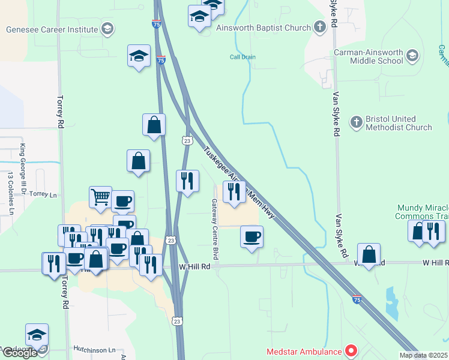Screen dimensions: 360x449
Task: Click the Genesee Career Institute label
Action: (x=52, y=29)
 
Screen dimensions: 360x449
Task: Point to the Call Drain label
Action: (x=243, y=58)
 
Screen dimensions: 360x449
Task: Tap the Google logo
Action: (x=19, y=353)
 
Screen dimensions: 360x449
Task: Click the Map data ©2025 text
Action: (x=424, y=355)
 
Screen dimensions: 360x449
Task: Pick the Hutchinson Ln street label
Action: (x=94, y=349)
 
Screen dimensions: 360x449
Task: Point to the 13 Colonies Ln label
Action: (x=10, y=193)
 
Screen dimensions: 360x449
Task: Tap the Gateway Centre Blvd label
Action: (x=214, y=221)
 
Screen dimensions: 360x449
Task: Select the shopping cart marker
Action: (x=100, y=196)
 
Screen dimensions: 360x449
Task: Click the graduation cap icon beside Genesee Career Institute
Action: (x=107, y=28)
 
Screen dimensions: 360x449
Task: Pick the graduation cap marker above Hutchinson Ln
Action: (x=37, y=335)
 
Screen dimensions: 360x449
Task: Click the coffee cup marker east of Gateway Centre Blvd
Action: (x=252, y=236)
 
